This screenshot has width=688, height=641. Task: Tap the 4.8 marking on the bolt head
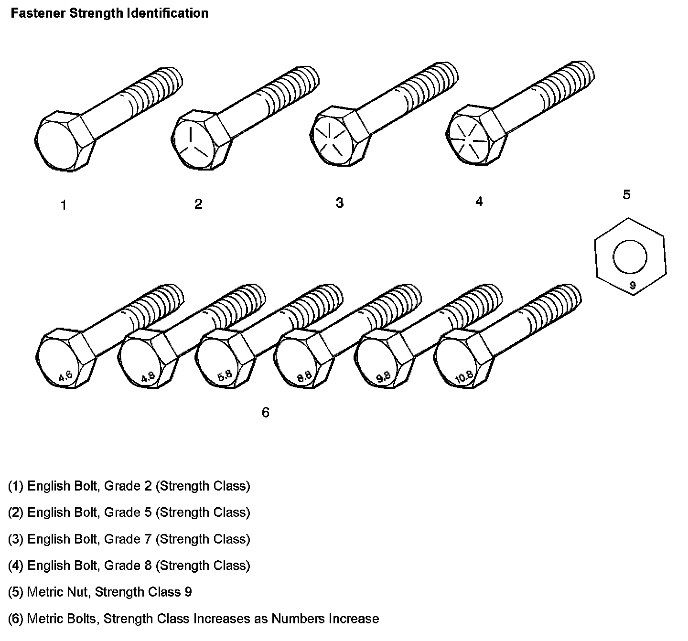pos(148,376)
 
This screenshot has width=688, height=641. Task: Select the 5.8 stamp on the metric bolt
pos(225,375)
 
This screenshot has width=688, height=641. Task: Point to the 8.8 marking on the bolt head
pos(304,376)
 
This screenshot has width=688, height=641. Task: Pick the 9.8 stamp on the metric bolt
pos(383,376)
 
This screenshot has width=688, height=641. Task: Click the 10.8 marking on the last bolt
pos(464,377)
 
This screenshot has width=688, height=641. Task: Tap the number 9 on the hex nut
pos(633,286)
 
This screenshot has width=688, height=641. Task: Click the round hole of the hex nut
pos(630,257)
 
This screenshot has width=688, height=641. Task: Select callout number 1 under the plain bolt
pos(64,205)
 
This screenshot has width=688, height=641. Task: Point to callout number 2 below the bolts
pos(198,204)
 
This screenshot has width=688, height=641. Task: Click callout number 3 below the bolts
pos(339,203)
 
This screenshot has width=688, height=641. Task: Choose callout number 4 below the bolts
pos(479,202)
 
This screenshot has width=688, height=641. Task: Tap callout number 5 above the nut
pos(626,195)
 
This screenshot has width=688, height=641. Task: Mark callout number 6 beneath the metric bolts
pos(266,412)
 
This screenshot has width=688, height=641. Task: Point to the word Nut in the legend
pos(77,592)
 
